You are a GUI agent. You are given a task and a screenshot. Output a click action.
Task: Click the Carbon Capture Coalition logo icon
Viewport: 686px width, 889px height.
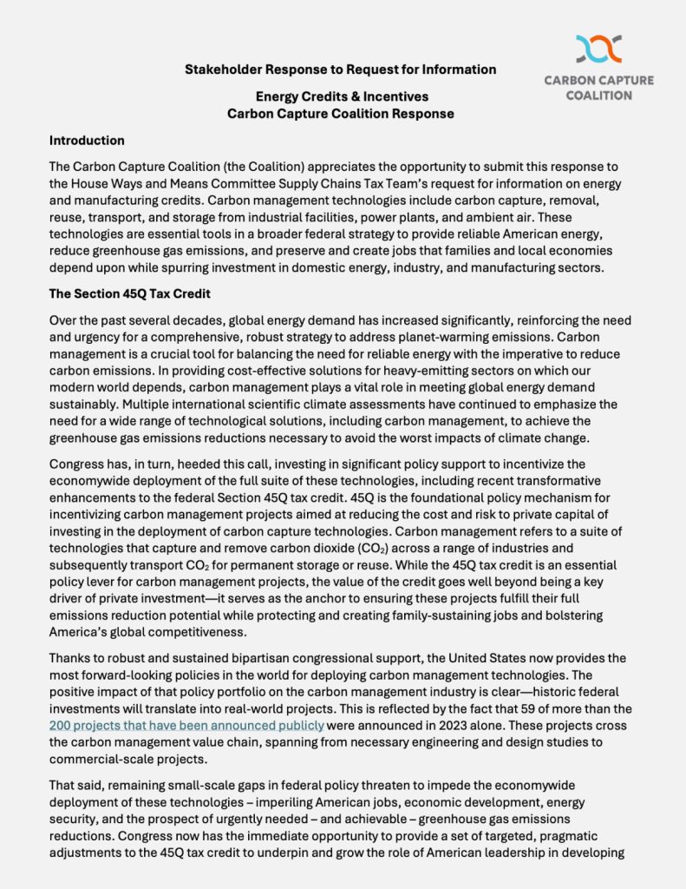tap(598, 49)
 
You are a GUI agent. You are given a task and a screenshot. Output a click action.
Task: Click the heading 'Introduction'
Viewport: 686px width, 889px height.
tap(87, 141)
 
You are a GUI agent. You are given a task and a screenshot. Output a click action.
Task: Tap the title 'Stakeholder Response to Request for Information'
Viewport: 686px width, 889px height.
tap(341, 69)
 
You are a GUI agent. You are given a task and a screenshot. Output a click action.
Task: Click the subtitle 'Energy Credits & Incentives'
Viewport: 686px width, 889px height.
tap(341, 96)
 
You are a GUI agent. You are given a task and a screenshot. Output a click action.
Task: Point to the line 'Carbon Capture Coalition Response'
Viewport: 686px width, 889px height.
tap(341, 113)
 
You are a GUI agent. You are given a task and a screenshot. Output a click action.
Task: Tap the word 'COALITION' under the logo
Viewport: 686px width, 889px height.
tap(598, 95)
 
